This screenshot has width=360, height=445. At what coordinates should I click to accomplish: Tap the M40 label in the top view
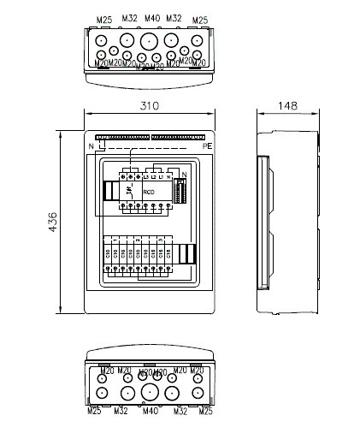click(x=151, y=18)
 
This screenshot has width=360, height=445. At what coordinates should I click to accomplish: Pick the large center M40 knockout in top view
click(x=149, y=40)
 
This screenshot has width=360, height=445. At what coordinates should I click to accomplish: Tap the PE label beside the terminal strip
click(x=206, y=147)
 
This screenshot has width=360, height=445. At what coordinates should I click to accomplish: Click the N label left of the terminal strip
click(x=90, y=147)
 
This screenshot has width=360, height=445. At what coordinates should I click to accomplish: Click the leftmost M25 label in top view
click(x=103, y=19)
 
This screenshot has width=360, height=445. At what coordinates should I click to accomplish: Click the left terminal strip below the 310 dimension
click(x=121, y=137)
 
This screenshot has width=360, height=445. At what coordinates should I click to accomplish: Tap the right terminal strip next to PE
click(x=177, y=137)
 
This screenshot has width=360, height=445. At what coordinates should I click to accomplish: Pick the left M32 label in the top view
click(x=129, y=18)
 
